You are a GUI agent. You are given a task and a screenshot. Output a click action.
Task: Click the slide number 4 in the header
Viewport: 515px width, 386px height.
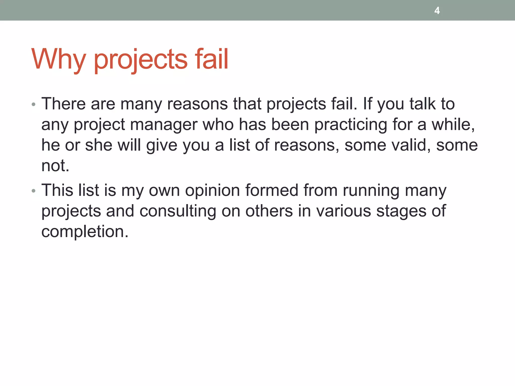pyautogui.click(x=437, y=11)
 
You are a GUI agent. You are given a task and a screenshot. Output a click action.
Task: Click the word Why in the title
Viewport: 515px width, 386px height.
pyautogui.click(x=58, y=59)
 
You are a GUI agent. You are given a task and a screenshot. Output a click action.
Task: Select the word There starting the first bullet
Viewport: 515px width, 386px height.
pyautogui.click(x=63, y=104)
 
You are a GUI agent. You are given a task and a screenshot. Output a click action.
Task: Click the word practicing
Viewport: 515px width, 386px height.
pyautogui.click(x=351, y=125)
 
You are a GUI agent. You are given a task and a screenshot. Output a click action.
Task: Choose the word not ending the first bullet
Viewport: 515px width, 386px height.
pyautogui.click(x=55, y=166)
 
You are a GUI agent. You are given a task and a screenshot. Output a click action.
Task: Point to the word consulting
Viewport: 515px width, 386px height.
pyautogui.click(x=178, y=211)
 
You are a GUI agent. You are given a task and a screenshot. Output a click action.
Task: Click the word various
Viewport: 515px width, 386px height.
pyautogui.click(x=344, y=211)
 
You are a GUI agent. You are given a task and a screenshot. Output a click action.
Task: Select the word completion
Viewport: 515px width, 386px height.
pyautogui.click(x=85, y=232)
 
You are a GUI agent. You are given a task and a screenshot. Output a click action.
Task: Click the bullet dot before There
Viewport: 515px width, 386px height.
pyautogui.click(x=34, y=104)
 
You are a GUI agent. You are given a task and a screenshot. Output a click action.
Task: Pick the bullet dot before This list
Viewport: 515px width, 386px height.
pyautogui.click(x=34, y=191)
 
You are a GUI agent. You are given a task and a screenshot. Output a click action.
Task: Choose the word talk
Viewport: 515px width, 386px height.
pyautogui.click(x=422, y=104)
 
